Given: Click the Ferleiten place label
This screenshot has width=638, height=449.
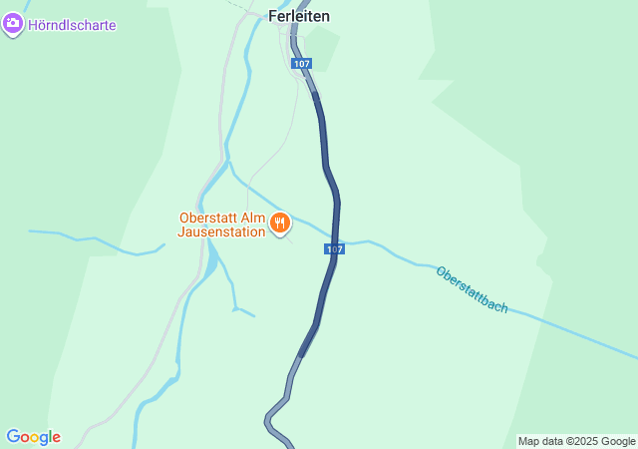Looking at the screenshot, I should [299, 16].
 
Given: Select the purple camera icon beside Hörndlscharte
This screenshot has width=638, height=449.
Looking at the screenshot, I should [13, 25].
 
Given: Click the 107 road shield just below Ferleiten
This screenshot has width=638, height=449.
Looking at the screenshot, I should [302, 63].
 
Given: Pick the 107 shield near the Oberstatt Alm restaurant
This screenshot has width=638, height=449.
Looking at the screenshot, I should [334, 248].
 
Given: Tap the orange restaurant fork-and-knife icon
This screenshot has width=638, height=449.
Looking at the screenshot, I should [280, 224].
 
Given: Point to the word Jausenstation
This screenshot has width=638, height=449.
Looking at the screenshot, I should [221, 231].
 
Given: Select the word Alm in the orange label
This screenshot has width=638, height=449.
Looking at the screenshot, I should [254, 218].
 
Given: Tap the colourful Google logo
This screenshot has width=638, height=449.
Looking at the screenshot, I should [33, 437].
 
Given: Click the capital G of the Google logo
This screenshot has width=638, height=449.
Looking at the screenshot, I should [13, 437].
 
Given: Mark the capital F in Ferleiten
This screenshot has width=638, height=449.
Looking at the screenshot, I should [272, 16].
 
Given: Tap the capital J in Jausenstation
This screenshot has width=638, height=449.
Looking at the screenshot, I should [180, 231].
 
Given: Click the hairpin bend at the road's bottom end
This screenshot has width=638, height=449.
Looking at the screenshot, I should [269, 422].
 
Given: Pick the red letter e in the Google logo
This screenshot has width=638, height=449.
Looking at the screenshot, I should [56, 438].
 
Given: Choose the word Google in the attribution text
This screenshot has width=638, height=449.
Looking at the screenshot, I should [617, 441].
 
